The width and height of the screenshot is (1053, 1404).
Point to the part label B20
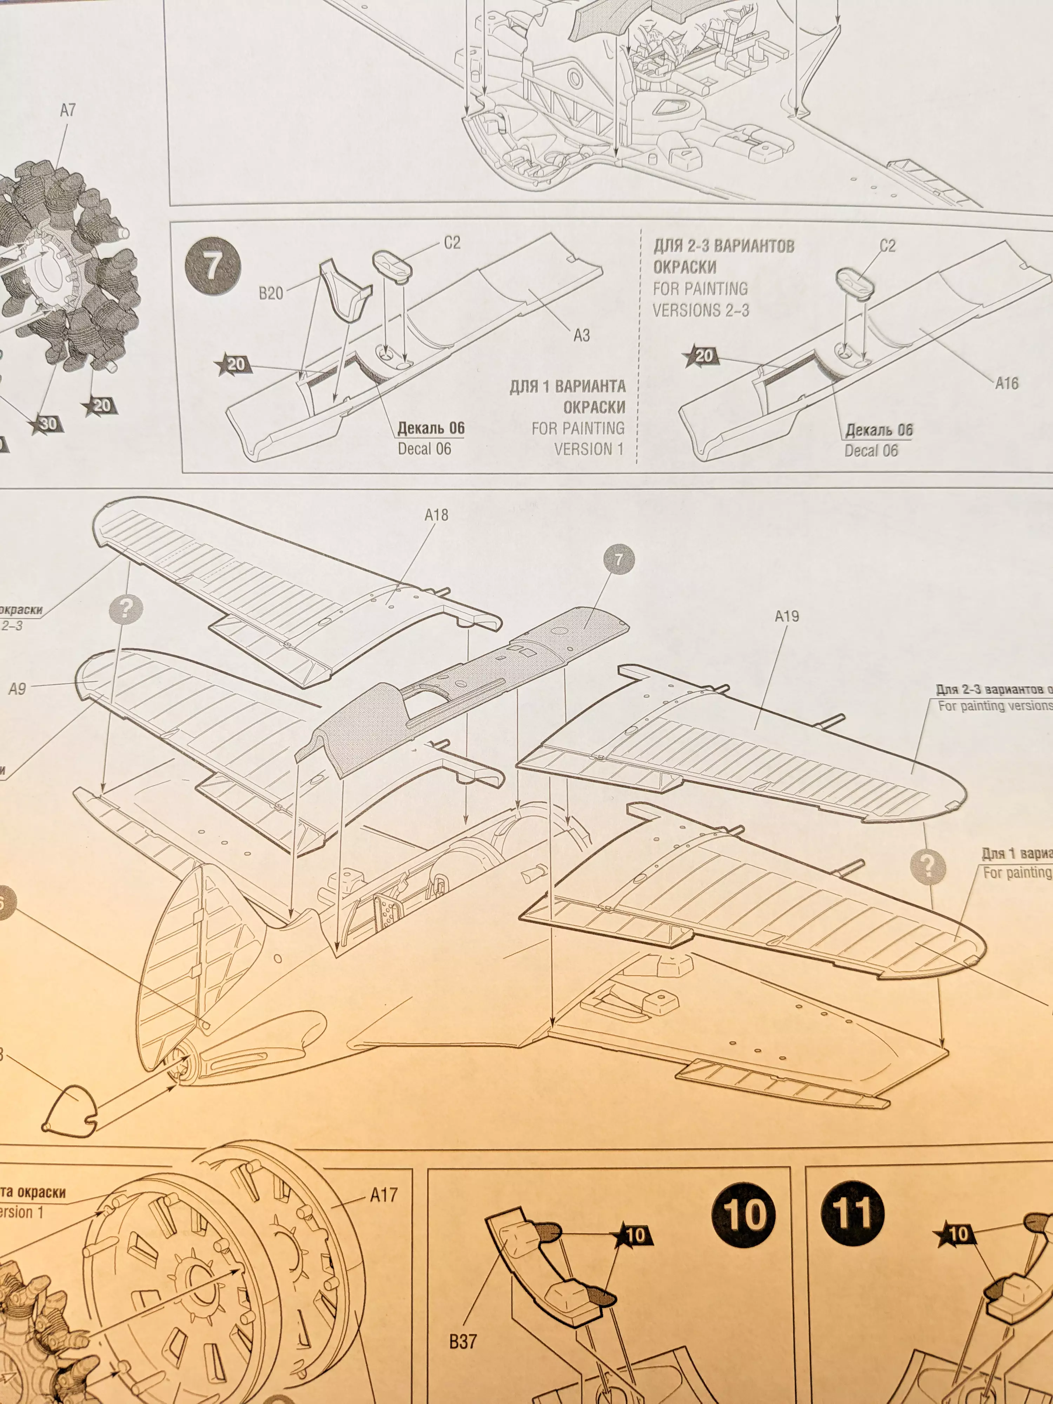point(271,293)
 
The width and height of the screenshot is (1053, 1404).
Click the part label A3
point(581,335)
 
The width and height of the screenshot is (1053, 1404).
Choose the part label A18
point(436,515)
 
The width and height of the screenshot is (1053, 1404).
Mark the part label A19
point(787,616)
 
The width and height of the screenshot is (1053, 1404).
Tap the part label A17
point(383,1195)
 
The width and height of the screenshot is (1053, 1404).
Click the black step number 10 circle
point(744,1214)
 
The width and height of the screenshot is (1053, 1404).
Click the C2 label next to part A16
point(887,246)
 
